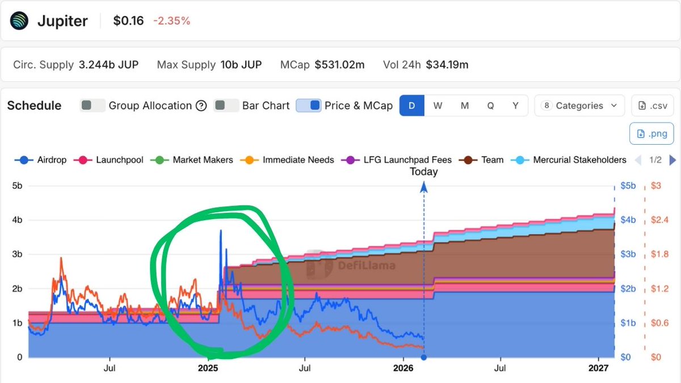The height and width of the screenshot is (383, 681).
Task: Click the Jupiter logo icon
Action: (x=19, y=21)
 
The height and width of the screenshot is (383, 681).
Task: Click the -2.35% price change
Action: (x=171, y=21)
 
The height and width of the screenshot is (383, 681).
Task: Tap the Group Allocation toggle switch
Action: (x=93, y=106)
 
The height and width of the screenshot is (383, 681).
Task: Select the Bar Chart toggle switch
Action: (x=226, y=106)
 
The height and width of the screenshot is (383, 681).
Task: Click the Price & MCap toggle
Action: (x=309, y=106)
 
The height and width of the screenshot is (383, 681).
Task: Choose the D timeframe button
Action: (x=412, y=106)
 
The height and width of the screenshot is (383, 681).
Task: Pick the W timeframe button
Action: (x=438, y=106)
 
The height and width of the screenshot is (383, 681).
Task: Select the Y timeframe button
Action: (x=515, y=106)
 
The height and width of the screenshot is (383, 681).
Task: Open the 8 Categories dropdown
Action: (x=579, y=106)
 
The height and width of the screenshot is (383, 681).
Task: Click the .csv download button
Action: (x=652, y=106)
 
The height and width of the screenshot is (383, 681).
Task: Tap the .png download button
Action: (x=651, y=134)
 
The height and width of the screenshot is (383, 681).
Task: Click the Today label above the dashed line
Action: (x=423, y=171)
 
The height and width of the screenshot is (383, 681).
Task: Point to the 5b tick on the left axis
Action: (x=16, y=186)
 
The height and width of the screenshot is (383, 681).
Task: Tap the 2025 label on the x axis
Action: (x=208, y=368)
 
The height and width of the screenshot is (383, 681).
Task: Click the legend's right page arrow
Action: (x=673, y=160)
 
